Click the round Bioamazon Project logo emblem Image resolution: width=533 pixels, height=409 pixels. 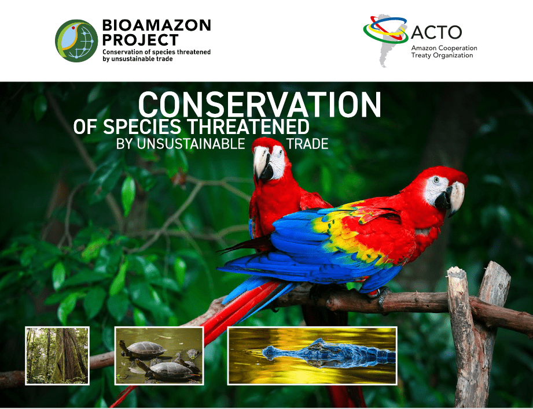pyautogui.click(x=76, y=41)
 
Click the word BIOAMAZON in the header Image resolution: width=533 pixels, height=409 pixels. pyautogui.click(x=157, y=25)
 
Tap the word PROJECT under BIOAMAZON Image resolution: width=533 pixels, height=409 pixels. pyautogui.click(x=141, y=40)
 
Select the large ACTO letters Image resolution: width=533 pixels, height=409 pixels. pyautogui.click(x=436, y=32)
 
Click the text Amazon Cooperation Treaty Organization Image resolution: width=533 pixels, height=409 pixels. pyautogui.click(x=444, y=51)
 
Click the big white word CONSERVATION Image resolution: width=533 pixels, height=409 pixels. pyautogui.click(x=260, y=105)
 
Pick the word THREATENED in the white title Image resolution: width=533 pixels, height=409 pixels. pyautogui.click(x=248, y=127)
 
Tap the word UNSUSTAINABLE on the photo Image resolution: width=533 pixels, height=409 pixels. pyautogui.click(x=190, y=144)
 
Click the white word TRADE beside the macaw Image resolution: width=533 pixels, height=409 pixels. pyautogui.click(x=308, y=144)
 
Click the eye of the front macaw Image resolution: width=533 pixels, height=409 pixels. pyautogui.click(x=436, y=180)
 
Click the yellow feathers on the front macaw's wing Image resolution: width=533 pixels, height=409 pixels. pyautogui.click(x=343, y=231)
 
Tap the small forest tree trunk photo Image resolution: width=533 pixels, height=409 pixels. pyautogui.click(x=57, y=356)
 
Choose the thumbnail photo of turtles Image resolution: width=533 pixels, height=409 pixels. pyautogui.click(x=159, y=356)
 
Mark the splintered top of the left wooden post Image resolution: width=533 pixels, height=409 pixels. pyautogui.click(x=456, y=272)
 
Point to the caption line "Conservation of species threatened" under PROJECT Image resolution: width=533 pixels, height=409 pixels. pyautogui.click(x=156, y=52)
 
